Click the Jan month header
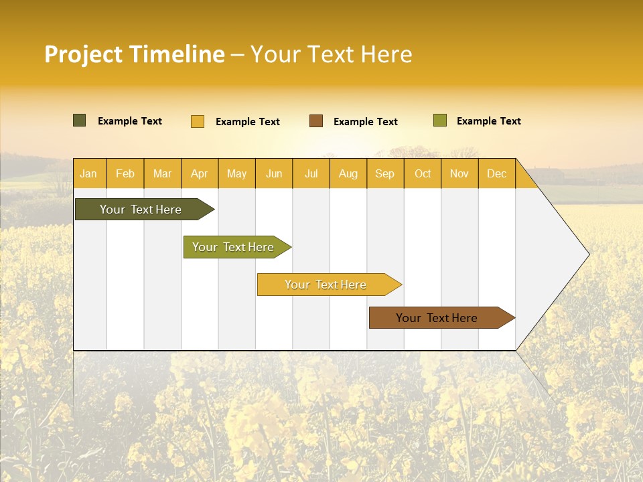coord(88,174)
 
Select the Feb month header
coord(125,174)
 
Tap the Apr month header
coord(199,174)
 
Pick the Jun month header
coord(274,174)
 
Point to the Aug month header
coord(348,174)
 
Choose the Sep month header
coord(384,174)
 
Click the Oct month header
coord(423,174)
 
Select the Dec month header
coord(496,174)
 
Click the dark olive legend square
coord(80,120)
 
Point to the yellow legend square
coord(198,121)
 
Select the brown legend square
coord(316,121)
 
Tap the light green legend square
coord(440,120)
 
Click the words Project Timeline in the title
coord(135,54)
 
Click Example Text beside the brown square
coord(365,122)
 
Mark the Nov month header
coord(459,174)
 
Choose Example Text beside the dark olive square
coord(130,121)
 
